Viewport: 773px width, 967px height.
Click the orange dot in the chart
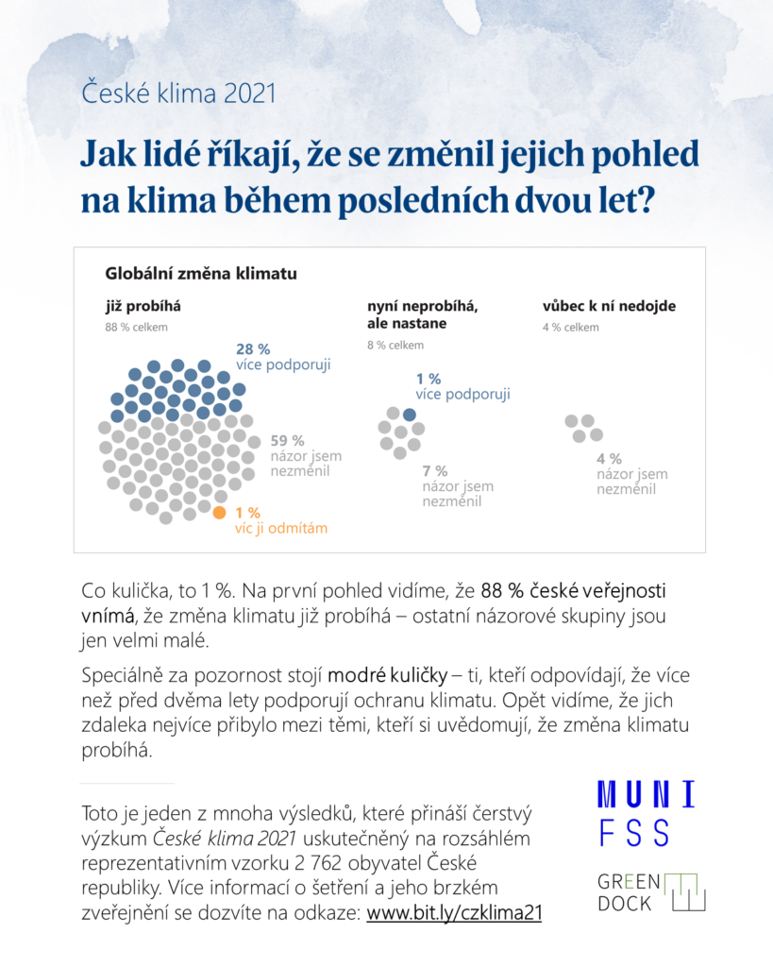219,513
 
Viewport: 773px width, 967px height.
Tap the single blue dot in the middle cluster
409,415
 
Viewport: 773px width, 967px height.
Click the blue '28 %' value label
253,349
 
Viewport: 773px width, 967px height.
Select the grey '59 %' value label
287,440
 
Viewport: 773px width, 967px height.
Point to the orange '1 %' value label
247,512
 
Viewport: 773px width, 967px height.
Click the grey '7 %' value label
435,470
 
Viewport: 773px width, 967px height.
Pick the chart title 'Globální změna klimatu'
201,275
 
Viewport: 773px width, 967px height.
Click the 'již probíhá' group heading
143,306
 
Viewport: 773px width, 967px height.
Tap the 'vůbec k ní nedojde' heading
609,306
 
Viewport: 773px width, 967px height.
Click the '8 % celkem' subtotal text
395,345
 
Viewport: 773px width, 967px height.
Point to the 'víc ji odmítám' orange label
281,529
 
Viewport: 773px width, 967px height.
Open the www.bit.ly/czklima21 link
453,913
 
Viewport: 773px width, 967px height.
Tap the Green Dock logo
651,891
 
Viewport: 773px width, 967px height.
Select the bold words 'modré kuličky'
387,676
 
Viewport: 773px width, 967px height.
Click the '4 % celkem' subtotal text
570,328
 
